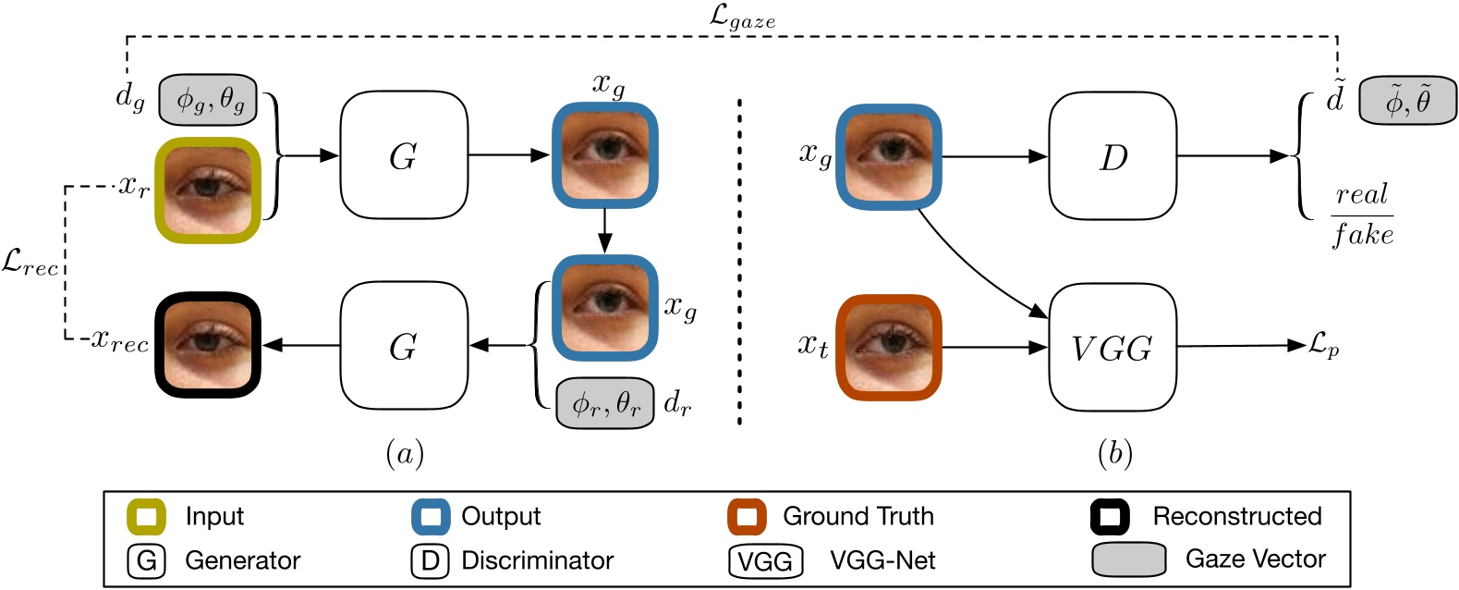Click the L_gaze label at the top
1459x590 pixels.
pos(742,16)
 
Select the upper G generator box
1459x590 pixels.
pos(404,155)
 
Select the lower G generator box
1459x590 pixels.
pos(404,346)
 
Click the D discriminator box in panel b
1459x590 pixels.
pos(1112,156)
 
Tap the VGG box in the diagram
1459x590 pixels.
pos(1112,348)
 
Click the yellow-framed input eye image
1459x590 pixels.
pos(208,190)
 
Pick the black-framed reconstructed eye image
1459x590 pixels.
pos(208,345)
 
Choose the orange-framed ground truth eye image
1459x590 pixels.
pos(888,348)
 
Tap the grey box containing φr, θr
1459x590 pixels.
pos(605,403)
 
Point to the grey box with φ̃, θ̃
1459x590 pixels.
pos(1407,101)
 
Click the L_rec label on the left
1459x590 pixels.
pos(30,264)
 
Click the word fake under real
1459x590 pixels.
pos(1362,234)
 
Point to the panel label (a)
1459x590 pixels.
pos(404,453)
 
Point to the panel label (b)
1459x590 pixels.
pos(1114,453)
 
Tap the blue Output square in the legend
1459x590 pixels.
pos(431,517)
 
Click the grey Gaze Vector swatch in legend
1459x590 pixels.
pos(1128,559)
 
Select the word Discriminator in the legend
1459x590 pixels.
pos(537,560)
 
